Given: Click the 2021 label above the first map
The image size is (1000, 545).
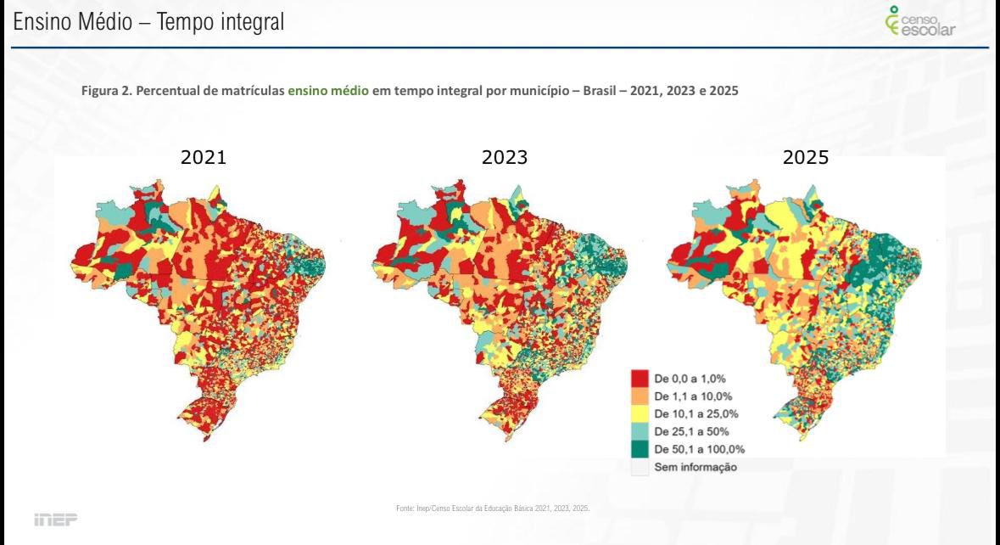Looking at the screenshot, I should tap(204, 157).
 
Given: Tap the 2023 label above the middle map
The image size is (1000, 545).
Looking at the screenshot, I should tap(505, 157).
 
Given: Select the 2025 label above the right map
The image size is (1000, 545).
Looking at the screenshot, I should tap(806, 157).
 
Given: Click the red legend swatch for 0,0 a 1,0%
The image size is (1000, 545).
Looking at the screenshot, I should tap(640, 379).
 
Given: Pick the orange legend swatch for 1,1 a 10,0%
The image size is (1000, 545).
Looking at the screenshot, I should tap(640, 396).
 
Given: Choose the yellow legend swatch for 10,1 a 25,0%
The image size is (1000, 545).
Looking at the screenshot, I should tap(640, 414).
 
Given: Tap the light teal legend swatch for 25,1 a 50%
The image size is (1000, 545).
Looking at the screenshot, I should tap(640, 432).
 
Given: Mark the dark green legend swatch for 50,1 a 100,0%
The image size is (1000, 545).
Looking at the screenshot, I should tap(640, 450).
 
